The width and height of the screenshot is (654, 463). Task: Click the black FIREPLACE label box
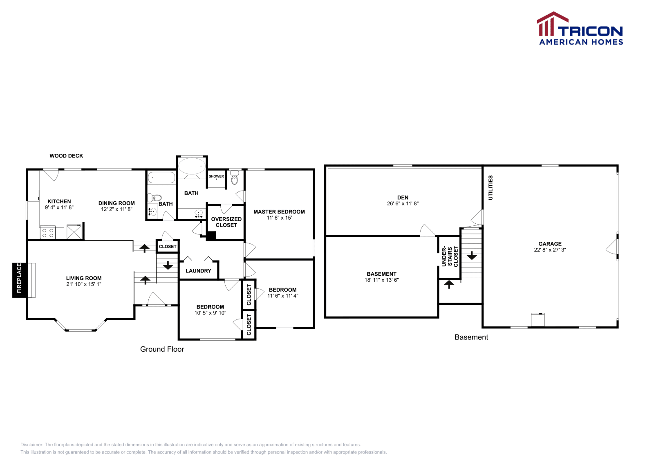[19, 280]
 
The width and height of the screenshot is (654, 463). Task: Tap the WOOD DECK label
[66, 156]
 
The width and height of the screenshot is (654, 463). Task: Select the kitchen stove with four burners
[48, 232]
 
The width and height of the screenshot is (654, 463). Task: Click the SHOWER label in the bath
[216, 176]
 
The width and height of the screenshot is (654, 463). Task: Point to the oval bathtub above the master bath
[192, 166]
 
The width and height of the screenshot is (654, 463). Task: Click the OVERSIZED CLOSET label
[226, 222]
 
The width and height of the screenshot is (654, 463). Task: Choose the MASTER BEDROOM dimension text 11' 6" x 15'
[279, 218]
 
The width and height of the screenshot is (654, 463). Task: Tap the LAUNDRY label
[198, 271]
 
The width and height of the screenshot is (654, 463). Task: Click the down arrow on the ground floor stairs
[168, 265]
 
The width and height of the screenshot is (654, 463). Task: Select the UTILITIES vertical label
[490, 188]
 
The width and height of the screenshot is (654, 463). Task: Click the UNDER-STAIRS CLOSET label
[450, 256]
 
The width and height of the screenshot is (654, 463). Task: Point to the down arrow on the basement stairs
[472, 255]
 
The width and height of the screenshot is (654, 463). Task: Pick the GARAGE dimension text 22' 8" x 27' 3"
[550, 249]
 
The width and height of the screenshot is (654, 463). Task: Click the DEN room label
[403, 198]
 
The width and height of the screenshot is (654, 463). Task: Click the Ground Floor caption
[162, 349]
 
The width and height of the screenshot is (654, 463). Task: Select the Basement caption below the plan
[471, 337]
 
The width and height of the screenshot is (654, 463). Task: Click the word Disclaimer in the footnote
[31, 445]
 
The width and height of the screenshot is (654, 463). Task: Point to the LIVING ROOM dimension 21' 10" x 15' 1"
[84, 284]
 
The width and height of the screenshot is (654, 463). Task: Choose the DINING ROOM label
[116, 203]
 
